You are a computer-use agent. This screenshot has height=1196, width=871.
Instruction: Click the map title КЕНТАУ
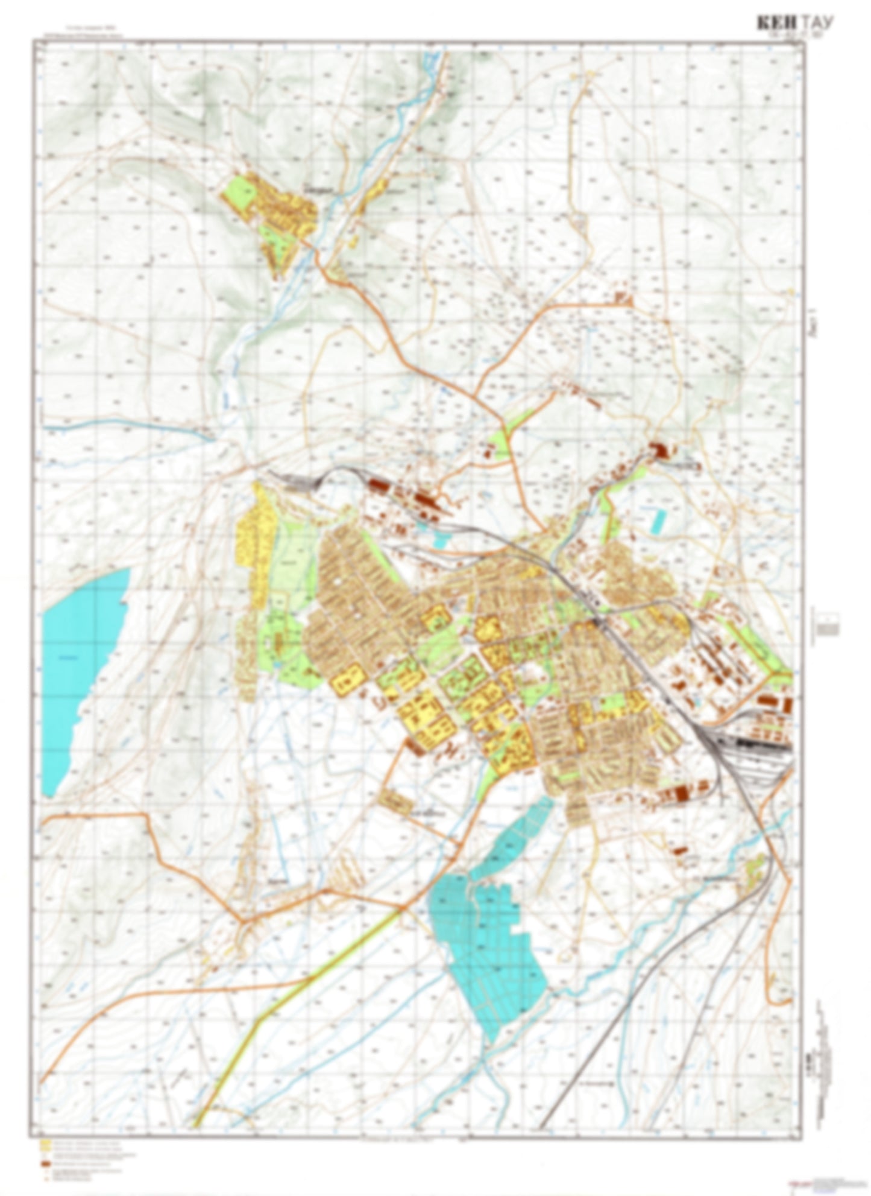795,24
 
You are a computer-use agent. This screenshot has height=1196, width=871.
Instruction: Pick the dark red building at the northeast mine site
658,449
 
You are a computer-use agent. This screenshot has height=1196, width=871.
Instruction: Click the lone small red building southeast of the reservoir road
679,850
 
